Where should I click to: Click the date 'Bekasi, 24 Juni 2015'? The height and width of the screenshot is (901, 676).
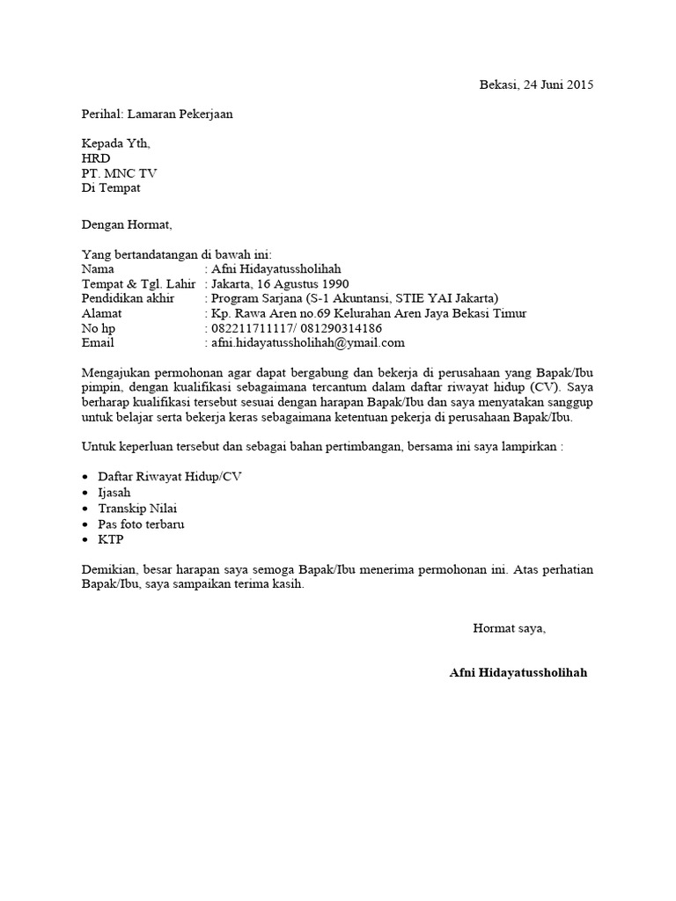536,85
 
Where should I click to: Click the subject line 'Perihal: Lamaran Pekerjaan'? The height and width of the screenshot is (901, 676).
158,114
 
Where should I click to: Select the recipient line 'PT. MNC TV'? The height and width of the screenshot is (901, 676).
119,173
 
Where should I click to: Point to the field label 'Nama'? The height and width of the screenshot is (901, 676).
97,269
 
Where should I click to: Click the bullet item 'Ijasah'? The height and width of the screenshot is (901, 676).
114,493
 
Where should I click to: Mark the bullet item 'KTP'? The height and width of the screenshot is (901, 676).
111,540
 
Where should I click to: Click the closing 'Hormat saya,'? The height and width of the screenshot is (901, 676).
510,628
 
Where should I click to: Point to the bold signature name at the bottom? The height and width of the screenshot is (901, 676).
518,673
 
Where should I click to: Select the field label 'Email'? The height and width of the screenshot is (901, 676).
98,343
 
